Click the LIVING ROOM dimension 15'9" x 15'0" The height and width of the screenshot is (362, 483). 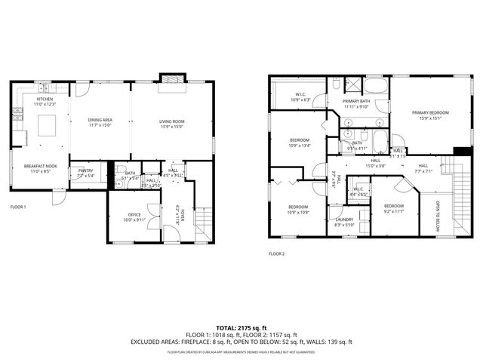(171, 126)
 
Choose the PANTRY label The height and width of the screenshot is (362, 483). (85, 170)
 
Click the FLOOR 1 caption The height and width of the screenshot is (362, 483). (18, 206)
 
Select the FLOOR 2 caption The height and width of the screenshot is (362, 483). (277, 253)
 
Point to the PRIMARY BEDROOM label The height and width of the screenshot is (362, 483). (430, 112)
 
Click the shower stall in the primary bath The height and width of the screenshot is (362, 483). (353, 84)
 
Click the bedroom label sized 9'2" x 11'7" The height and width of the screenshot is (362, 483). (394, 206)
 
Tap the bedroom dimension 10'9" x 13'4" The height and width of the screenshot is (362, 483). (300, 146)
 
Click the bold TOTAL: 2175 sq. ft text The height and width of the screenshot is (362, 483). (241, 328)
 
